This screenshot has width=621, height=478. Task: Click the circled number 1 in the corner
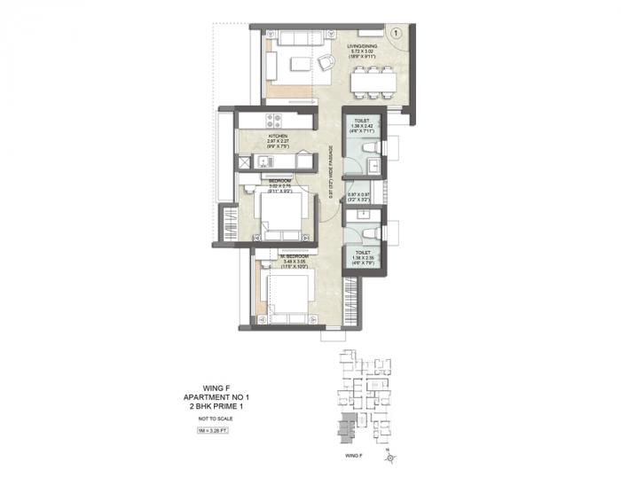point(397,32)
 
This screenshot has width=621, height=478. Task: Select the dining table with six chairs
point(372,84)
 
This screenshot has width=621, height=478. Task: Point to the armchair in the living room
point(326,63)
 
